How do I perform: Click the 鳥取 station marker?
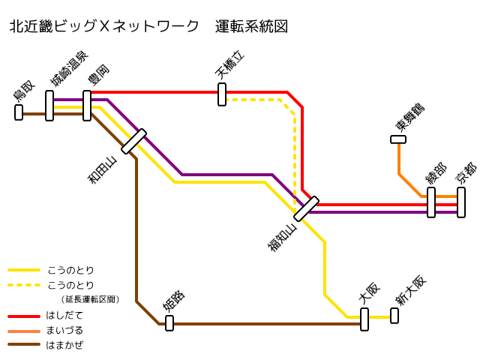point(19,112)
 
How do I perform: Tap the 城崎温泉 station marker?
point(49,106)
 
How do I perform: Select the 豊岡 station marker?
point(87,106)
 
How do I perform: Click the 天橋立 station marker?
point(222,94)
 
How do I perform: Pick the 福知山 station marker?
point(306,209)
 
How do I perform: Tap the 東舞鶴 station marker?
point(398,139)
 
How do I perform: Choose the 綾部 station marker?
point(431,202)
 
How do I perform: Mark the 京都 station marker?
point(461,202)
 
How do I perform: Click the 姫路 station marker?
point(169,323)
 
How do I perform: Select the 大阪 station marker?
point(364,319)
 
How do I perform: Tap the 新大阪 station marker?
point(394,316)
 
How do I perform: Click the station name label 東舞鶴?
point(410,118)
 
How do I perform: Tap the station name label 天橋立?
point(230,66)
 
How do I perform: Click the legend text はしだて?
point(64,315)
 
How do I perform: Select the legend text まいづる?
point(64,330)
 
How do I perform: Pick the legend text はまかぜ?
point(64,345)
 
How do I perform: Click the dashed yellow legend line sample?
point(23,285)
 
